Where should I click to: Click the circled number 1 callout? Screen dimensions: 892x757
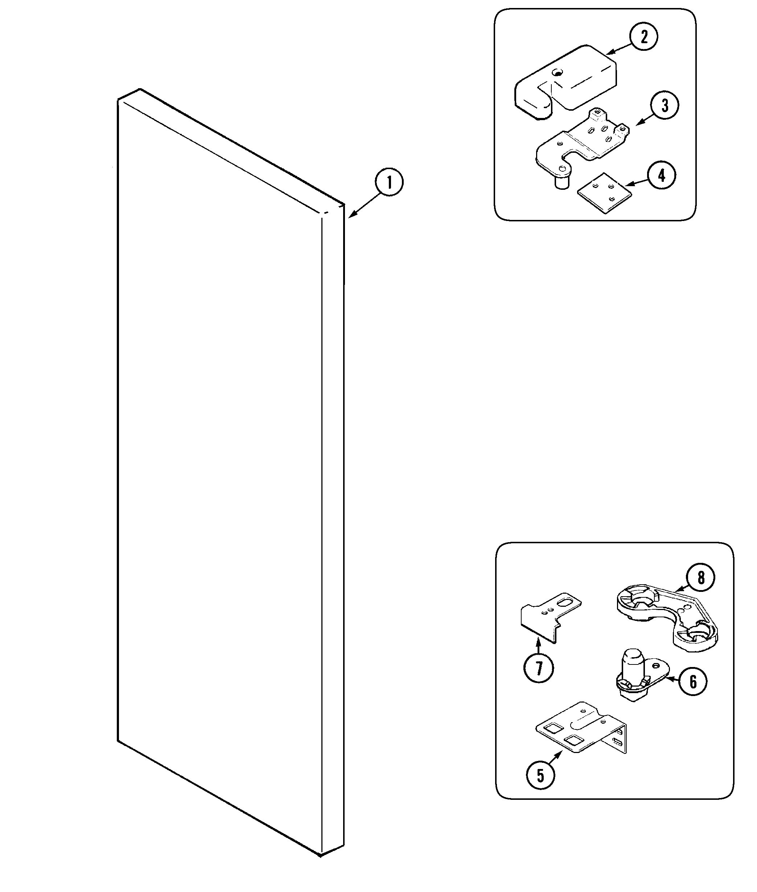pyautogui.click(x=389, y=183)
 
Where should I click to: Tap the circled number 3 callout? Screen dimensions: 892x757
pyautogui.click(x=664, y=105)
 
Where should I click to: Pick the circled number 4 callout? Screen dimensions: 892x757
pyautogui.click(x=661, y=175)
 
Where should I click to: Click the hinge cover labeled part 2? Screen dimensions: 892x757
pyautogui.click(x=567, y=82)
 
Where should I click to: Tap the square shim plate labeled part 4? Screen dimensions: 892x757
pyautogui.click(x=605, y=193)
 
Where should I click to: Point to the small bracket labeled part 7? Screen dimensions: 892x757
pyautogui.click(x=545, y=618)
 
